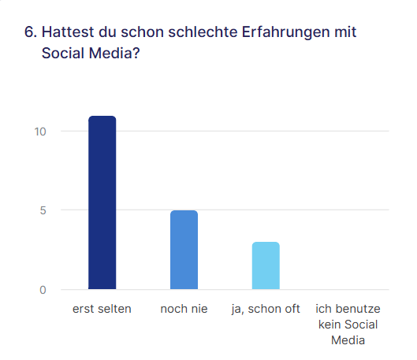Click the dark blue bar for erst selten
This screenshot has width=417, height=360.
[x=102, y=202]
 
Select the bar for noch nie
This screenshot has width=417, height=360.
[x=184, y=250]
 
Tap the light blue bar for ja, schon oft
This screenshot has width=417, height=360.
[x=265, y=265]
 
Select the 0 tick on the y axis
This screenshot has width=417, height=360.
[x=43, y=290]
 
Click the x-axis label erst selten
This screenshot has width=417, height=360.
[x=102, y=309]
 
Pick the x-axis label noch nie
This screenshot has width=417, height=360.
[x=184, y=309]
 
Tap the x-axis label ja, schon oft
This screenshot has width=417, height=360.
[x=266, y=309]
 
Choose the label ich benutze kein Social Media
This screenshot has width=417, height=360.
[x=347, y=325]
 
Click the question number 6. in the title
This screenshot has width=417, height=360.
[x=31, y=33]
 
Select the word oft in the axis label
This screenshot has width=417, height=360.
[x=292, y=309]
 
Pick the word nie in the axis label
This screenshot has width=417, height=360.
[x=199, y=309]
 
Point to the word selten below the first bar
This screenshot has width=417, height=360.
[x=114, y=309]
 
